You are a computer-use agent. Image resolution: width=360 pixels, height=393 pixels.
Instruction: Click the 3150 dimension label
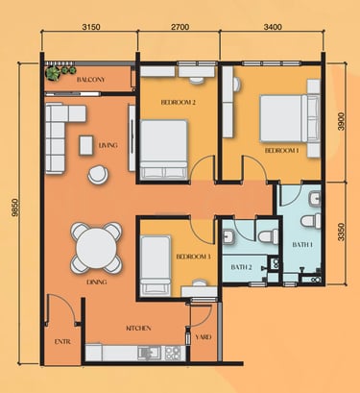(91, 27)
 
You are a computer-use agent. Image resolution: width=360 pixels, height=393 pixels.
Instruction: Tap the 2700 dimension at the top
(180, 27)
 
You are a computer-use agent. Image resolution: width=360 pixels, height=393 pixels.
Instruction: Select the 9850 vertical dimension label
(14, 208)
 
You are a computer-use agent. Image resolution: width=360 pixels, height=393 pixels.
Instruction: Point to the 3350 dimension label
(342, 232)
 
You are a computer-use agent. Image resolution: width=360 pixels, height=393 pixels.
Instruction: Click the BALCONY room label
(90, 80)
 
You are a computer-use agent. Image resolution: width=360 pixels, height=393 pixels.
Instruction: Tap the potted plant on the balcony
(53, 73)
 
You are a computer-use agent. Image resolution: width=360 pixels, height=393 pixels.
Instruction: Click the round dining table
(96, 248)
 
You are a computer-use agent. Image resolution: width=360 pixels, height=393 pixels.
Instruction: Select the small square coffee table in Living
(86, 145)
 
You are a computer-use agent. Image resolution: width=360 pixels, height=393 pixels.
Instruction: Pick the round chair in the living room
(98, 175)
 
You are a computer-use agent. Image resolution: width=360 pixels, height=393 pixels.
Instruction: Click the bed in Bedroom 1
(290, 118)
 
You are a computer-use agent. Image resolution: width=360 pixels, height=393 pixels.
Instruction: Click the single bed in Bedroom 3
(156, 266)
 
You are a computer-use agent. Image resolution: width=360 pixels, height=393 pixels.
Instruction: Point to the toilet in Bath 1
(311, 221)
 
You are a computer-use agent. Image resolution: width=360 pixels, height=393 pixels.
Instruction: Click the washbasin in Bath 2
(228, 236)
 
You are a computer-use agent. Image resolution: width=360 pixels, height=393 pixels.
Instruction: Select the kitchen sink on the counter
(150, 353)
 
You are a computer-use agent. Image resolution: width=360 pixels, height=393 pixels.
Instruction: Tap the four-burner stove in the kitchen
(173, 353)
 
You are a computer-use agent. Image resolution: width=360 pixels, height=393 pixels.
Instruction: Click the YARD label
(204, 337)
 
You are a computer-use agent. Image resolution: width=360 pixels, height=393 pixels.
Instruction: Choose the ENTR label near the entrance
(62, 342)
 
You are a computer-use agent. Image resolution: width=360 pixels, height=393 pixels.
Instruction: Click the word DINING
(97, 282)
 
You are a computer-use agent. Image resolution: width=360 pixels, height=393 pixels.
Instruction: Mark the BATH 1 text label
(302, 245)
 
